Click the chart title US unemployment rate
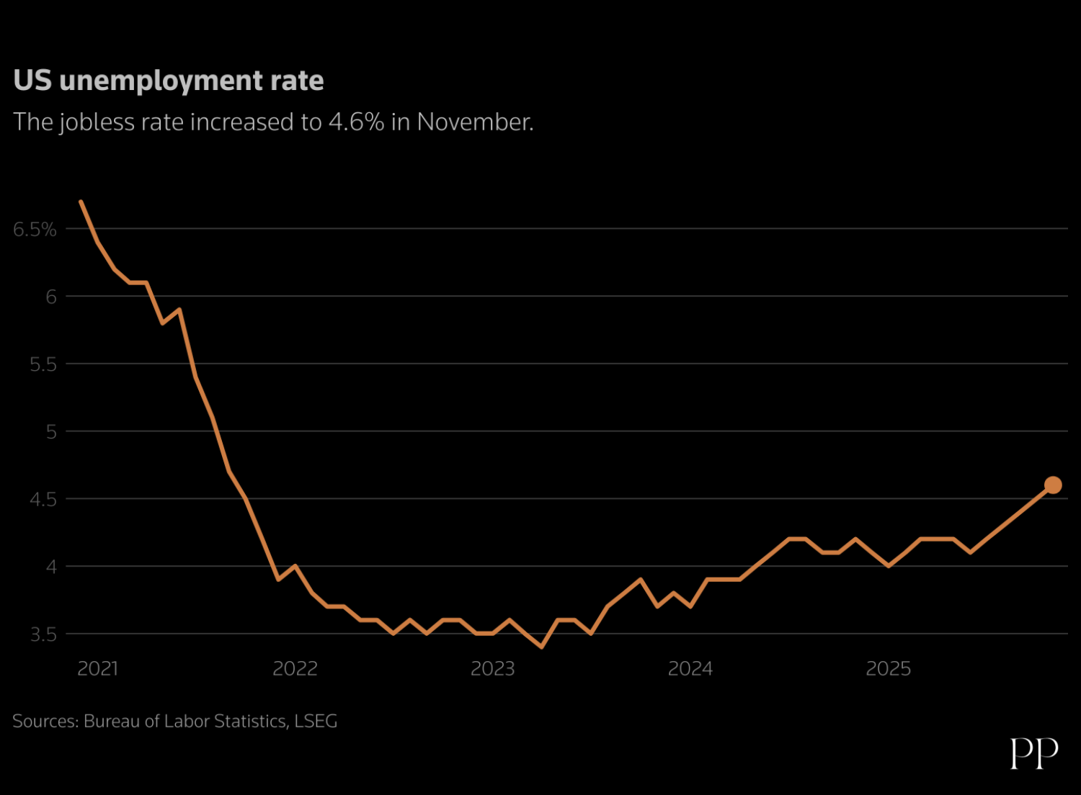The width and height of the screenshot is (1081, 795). point(169,81)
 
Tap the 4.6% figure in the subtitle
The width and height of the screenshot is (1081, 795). point(356,122)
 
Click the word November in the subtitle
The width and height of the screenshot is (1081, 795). point(474,122)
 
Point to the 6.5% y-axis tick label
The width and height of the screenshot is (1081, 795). point(35,230)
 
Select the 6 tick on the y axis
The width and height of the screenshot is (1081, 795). point(50,297)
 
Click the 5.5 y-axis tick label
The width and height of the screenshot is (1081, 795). point(43,364)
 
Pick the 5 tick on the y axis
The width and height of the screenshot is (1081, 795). point(50,432)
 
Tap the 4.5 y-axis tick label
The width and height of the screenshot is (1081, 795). point(43,500)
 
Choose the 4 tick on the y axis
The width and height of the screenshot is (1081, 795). point(50,567)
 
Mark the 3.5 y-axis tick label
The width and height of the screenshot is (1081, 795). point(43,635)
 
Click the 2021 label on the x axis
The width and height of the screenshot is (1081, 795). point(97,669)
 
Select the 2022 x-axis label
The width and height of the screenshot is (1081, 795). point(295,669)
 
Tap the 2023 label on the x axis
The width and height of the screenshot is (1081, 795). point(492,669)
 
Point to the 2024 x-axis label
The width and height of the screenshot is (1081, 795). point(690,669)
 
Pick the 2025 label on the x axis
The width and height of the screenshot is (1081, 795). point(888,669)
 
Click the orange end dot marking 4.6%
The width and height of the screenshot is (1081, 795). point(1052,485)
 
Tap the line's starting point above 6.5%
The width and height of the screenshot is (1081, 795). point(81,202)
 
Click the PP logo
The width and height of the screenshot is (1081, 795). point(1034,753)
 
